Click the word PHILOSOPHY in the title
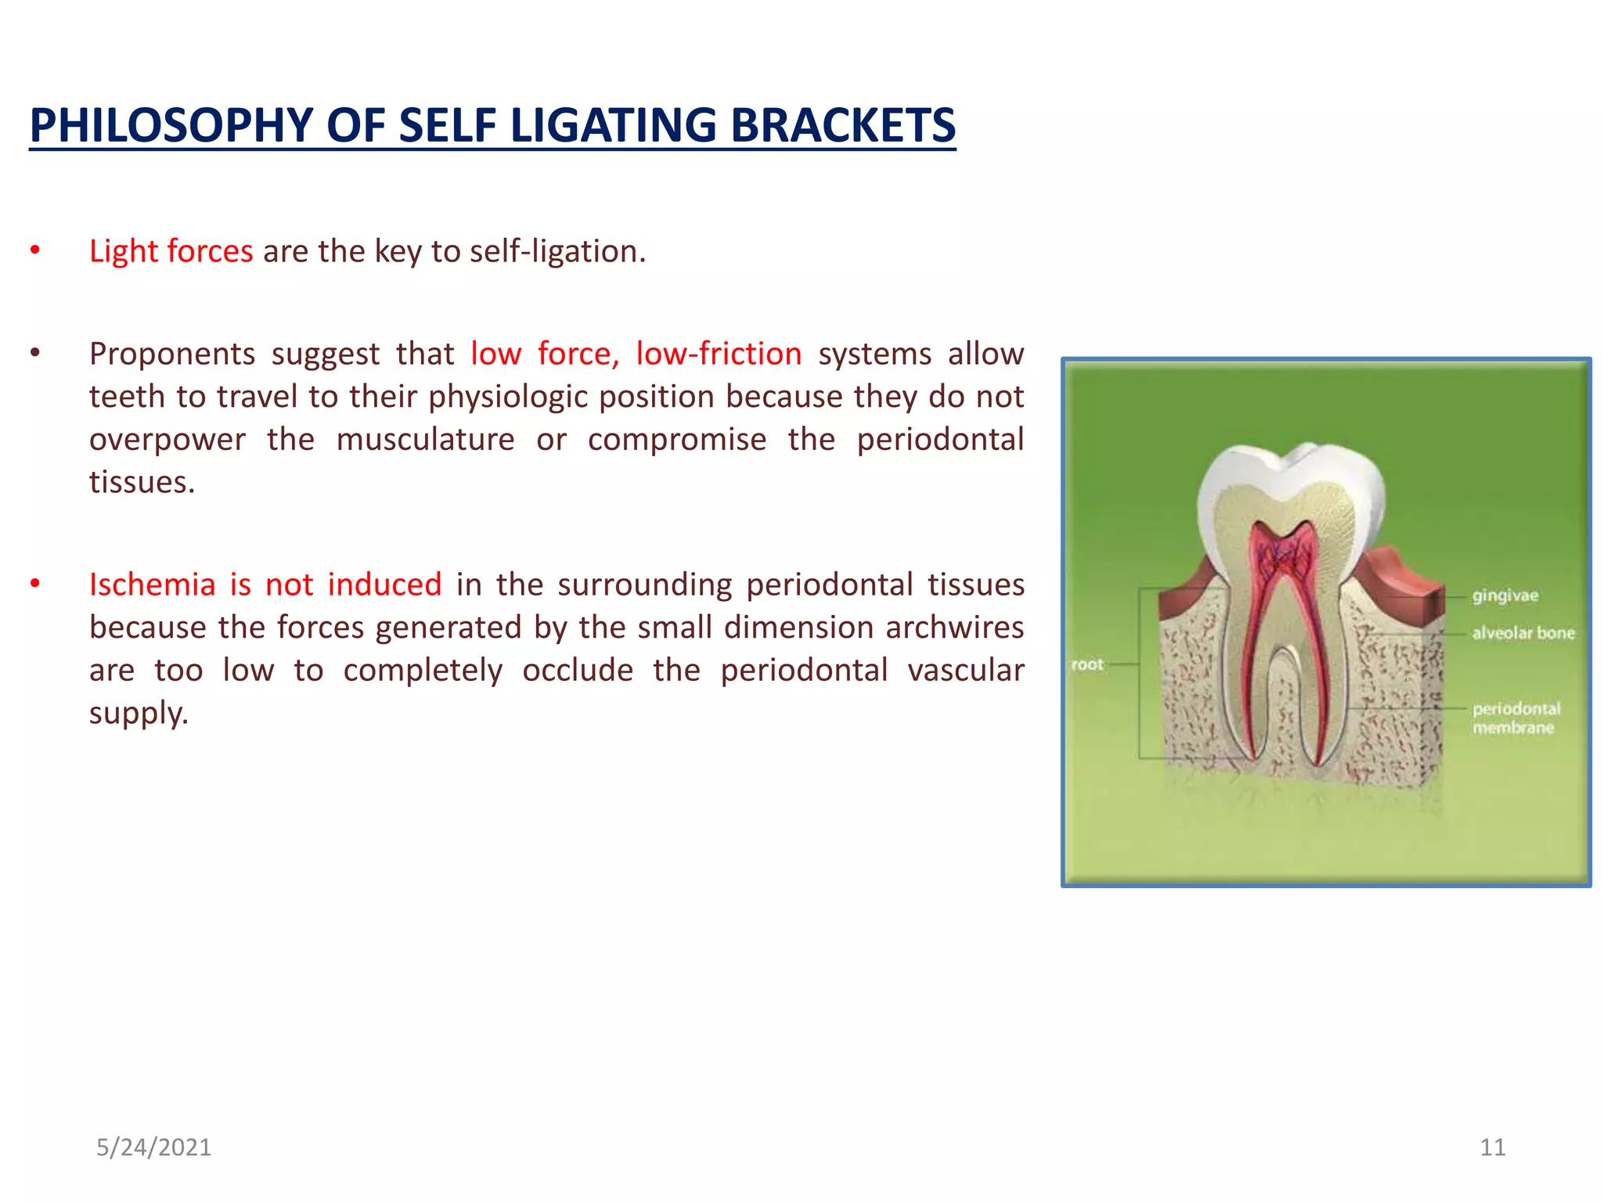pyautogui.click(x=171, y=125)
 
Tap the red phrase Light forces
pyautogui.click(x=171, y=251)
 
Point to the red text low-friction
pyautogui.click(x=718, y=354)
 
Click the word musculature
pyautogui.click(x=425, y=439)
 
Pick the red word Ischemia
pyautogui.click(x=152, y=585)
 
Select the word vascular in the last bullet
pyautogui.click(x=965, y=671)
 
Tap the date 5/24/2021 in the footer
pyautogui.click(x=153, y=1147)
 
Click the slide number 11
pyautogui.click(x=1492, y=1147)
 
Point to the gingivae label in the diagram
pyautogui.click(x=1504, y=596)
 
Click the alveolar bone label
pyautogui.click(x=1522, y=632)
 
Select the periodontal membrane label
pyautogui.click(x=1515, y=718)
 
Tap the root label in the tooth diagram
pyautogui.click(x=1086, y=664)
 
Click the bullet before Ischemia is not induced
pyautogui.click(x=34, y=585)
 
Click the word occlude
pyautogui.click(x=578, y=671)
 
